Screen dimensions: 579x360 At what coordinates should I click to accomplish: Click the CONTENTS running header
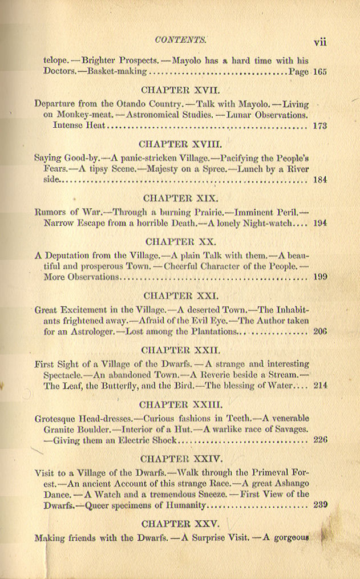pos(180,41)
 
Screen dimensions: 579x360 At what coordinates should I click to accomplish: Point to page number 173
pos(319,126)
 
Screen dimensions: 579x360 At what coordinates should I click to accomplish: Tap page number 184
pos(319,180)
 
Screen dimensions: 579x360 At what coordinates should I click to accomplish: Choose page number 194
pos(319,223)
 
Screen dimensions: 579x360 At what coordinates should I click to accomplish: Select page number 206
pos(319,331)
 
